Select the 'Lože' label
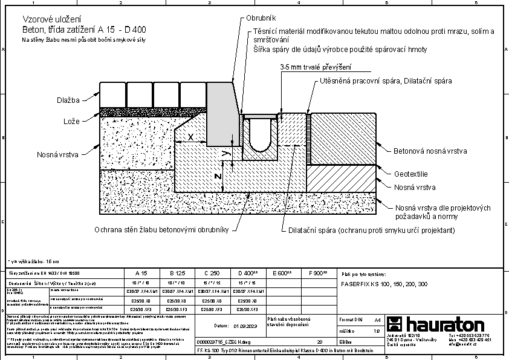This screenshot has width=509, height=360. pos(72,122)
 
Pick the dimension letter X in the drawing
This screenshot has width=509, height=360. pos(190,137)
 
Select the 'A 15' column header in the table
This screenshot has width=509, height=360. pos(140,273)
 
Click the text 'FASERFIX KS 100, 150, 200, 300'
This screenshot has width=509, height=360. pos(384,283)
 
